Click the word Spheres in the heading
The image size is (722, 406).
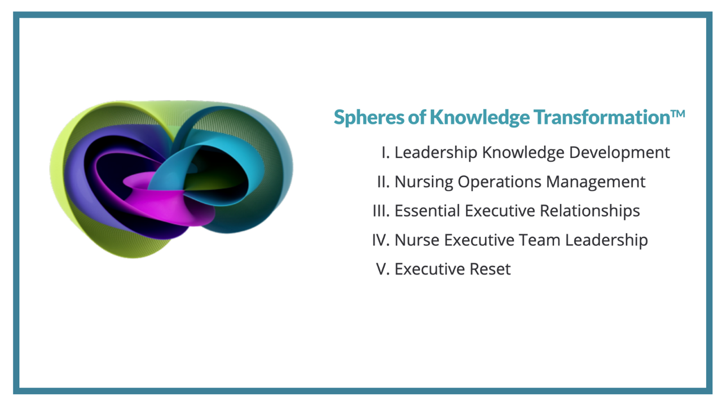(x=369, y=117)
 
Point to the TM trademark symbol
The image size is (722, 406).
(x=678, y=114)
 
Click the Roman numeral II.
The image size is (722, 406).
(x=384, y=182)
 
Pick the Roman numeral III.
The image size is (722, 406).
(x=381, y=211)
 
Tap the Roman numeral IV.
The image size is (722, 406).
(x=381, y=240)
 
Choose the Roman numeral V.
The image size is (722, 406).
(x=383, y=269)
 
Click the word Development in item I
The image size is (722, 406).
(x=619, y=153)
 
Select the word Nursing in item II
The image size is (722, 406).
(x=424, y=182)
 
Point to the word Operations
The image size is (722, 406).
(x=499, y=182)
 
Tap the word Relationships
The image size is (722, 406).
(x=590, y=211)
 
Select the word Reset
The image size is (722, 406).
(x=490, y=269)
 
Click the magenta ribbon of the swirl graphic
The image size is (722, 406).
(x=168, y=203)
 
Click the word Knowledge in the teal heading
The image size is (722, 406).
(x=479, y=117)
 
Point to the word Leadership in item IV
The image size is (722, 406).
(x=606, y=241)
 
